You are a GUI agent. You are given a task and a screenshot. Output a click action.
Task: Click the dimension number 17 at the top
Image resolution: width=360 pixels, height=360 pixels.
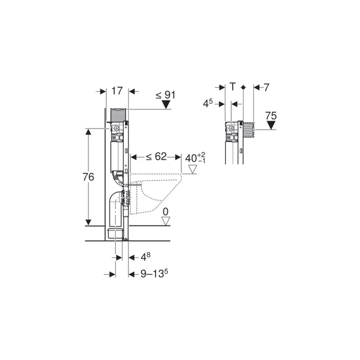(117, 91)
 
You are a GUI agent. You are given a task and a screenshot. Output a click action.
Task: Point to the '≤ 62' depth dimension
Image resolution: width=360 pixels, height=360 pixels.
(155, 157)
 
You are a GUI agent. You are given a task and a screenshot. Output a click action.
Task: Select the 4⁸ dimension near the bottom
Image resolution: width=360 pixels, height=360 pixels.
(143, 258)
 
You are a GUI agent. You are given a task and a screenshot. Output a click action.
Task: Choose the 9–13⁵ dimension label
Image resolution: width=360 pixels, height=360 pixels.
(153, 274)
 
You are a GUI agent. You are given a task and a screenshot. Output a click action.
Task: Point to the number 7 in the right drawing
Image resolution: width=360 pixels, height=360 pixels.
(266, 87)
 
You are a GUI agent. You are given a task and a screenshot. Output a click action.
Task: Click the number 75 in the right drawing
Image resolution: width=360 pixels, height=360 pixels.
(270, 115)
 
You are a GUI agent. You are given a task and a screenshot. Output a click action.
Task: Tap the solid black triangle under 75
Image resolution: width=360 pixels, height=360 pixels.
(270, 125)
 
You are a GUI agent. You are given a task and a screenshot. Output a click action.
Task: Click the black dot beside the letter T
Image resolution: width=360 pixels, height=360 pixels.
(243, 87)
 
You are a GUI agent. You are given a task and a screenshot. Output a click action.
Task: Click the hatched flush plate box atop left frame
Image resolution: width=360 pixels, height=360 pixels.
(119, 113)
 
